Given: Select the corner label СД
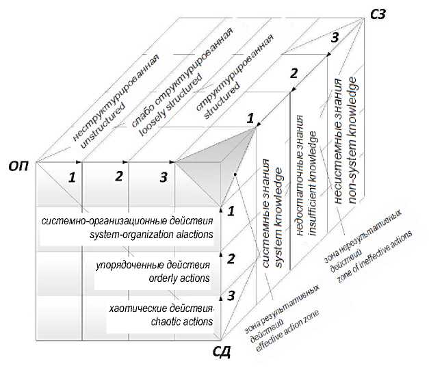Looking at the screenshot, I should coord(221,353).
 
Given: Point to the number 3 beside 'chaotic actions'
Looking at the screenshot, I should coord(231,295).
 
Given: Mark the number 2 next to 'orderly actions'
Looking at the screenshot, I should coord(231,259).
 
